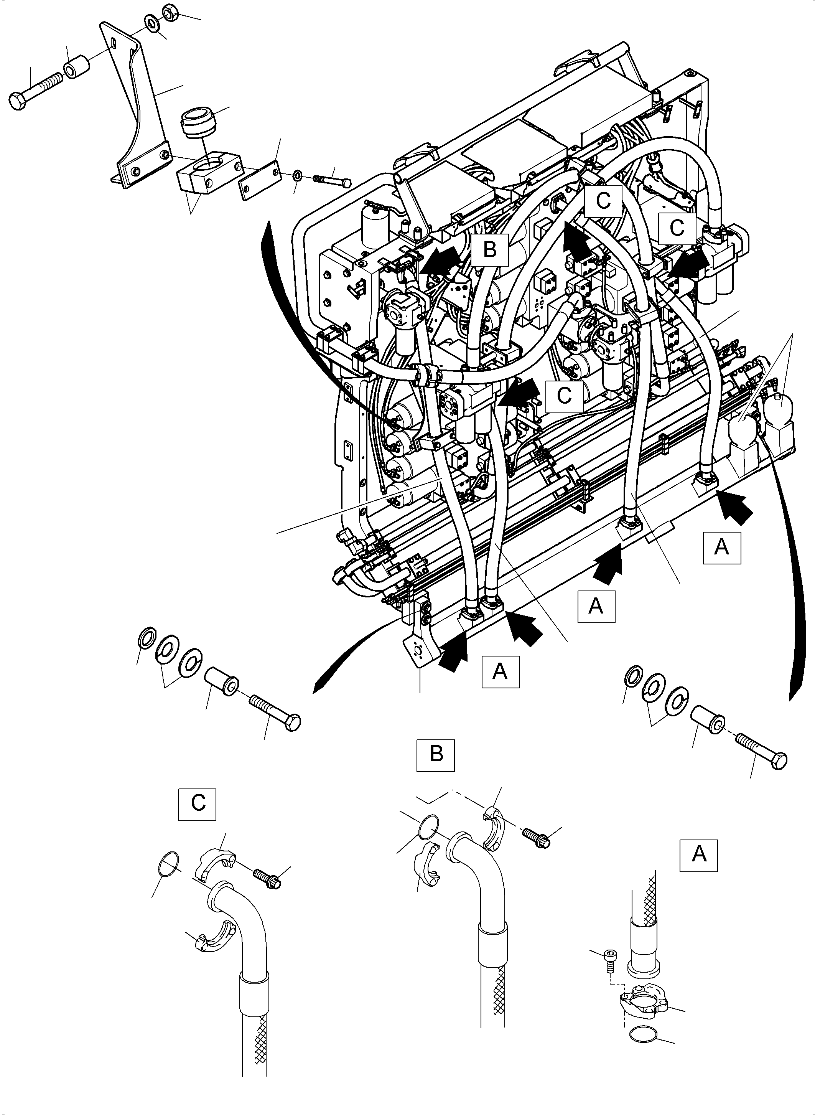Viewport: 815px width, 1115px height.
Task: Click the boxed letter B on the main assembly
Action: (489, 249)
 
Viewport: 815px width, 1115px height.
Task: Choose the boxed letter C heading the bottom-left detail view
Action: (198, 803)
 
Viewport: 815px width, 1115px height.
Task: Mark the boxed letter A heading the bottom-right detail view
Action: (698, 854)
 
